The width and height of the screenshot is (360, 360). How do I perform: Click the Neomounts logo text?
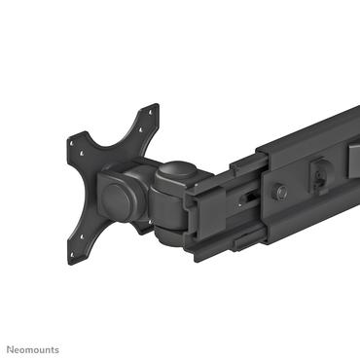click(x=34, y=349)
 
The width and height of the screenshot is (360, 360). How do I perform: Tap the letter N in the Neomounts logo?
click(x=12, y=349)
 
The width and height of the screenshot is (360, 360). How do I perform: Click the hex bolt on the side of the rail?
click(x=281, y=192)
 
